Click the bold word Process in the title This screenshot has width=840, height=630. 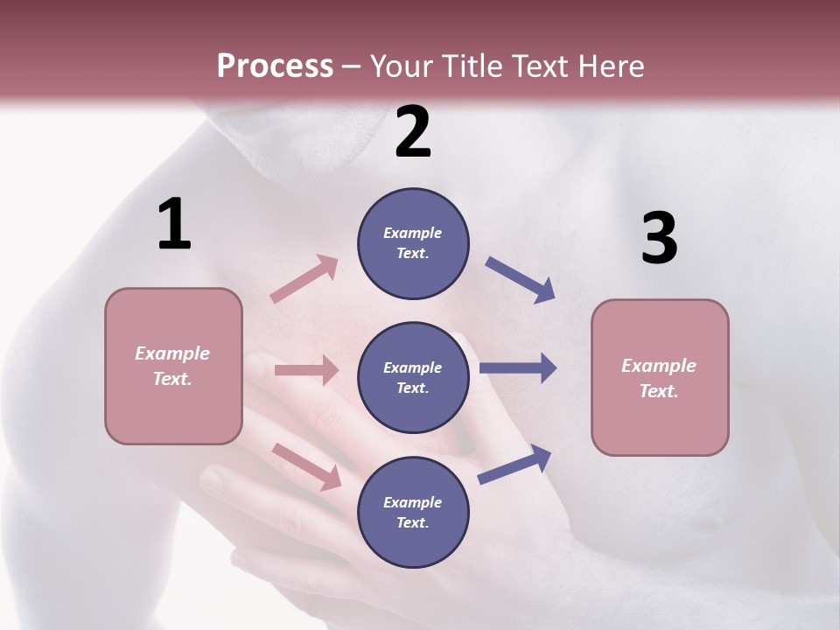pos(275,66)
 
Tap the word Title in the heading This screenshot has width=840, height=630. pos(472,66)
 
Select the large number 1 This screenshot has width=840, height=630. pos(174,225)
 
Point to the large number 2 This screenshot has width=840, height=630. pos(413,132)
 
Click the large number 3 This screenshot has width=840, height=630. pos(659,238)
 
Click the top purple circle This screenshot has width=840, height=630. pos(413,243)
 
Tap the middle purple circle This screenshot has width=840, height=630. pos(413,377)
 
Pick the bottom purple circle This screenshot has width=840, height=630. pos(413,512)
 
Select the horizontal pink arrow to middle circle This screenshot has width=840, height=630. pos(306,370)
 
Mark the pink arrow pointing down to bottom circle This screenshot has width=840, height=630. pos(307,466)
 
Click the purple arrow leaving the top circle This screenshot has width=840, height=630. pos(520,280)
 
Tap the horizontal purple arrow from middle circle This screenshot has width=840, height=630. pos(517,368)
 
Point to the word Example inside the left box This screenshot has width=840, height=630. pos(172,353)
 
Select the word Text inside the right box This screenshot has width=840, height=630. pos(657,391)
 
